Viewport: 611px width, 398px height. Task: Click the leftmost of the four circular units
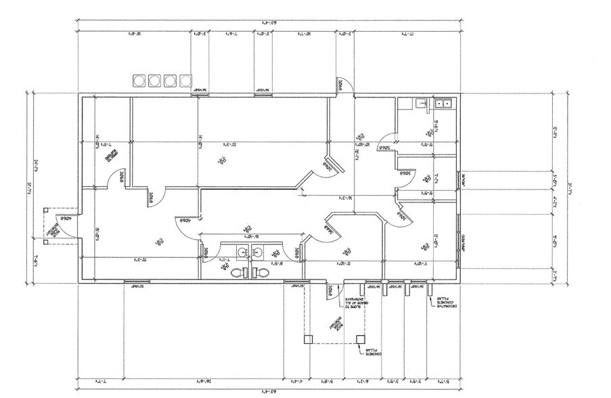tap(139, 81)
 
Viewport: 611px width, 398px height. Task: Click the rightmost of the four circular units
tap(185, 81)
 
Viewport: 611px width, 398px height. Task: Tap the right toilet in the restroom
tap(260, 273)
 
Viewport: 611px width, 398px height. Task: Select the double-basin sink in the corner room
tap(444, 104)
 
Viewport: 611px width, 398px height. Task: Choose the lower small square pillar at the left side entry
tap(45, 240)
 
